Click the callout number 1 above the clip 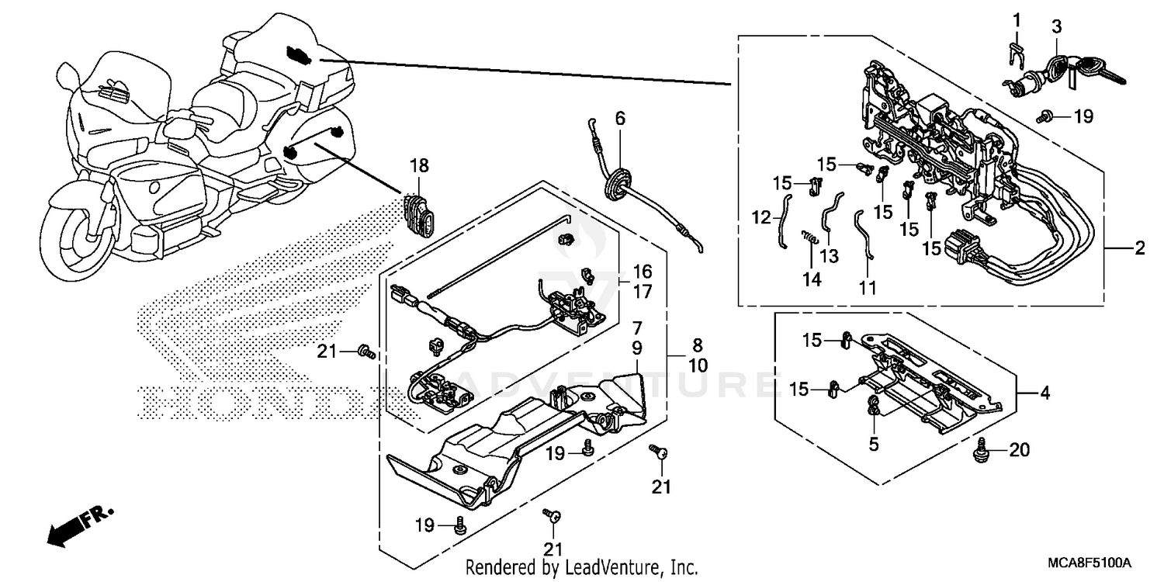click(1017, 18)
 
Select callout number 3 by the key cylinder click(1057, 27)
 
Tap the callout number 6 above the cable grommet click(619, 119)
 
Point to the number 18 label click(419, 165)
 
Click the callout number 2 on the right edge click(1139, 249)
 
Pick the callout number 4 click(1045, 393)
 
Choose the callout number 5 click(872, 446)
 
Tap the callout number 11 click(867, 287)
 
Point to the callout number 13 click(829, 255)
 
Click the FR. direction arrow click(78, 526)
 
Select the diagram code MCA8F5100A click(1091, 561)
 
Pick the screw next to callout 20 click(982, 449)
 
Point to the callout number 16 click(642, 272)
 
